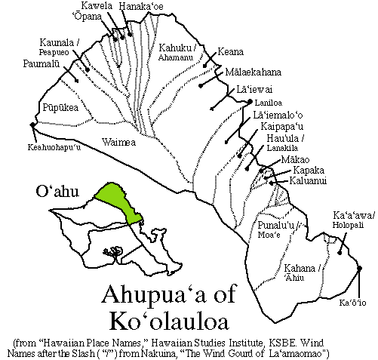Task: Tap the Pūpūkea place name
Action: [x=60, y=108]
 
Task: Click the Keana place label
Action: [x=229, y=52]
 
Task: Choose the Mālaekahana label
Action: [x=253, y=72]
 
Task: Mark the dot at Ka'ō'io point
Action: [x=358, y=269]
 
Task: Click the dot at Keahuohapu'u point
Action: [x=32, y=125]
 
